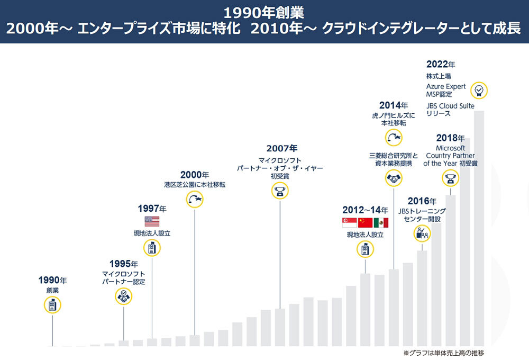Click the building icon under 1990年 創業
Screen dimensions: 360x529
(x=52, y=305)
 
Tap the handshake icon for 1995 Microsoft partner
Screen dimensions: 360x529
(x=124, y=298)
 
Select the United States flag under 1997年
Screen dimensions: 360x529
(x=152, y=221)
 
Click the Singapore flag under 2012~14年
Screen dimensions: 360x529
(x=350, y=222)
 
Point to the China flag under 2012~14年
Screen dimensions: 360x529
(x=365, y=222)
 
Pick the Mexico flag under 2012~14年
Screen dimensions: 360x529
(x=381, y=222)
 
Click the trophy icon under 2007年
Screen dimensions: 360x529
(x=280, y=191)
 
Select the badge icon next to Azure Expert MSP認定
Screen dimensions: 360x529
(x=479, y=91)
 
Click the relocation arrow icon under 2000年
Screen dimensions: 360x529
(x=195, y=199)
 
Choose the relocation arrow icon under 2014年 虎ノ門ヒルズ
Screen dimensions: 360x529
(x=394, y=138)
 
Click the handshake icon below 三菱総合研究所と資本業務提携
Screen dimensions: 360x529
(x=394, y=179)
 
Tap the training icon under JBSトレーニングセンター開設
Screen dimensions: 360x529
(x=422, y=232)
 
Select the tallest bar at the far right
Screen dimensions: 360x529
(x=479, y=228)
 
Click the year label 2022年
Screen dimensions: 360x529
(x=440, y=65)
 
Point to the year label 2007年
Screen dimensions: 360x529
(x=281, y=148)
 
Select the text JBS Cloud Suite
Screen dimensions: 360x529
(x=450, y=106)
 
